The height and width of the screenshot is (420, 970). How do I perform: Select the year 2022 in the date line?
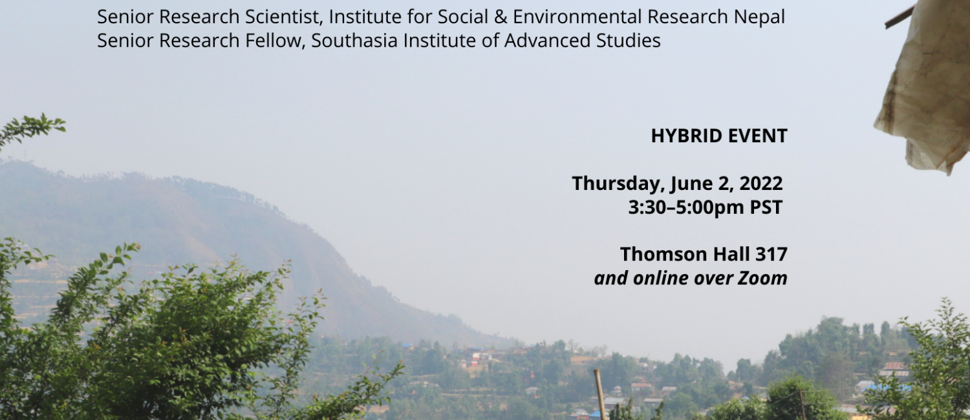761,184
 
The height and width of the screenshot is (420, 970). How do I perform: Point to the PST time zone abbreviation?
766,207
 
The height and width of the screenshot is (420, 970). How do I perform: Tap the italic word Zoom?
762,278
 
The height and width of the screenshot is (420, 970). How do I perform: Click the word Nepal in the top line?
759,17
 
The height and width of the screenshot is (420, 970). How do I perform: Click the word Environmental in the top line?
577,17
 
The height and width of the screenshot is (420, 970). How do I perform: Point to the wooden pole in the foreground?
599,395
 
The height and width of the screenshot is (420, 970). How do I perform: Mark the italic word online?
660,278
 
